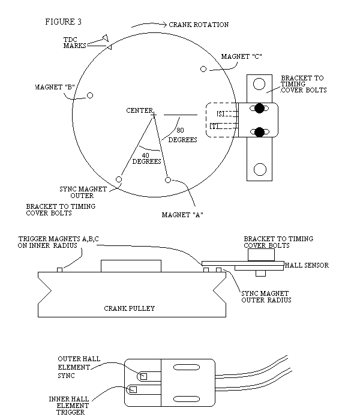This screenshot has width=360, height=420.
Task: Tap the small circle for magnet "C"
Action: [x=203, y=70]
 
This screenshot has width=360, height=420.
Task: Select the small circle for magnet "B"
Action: [x=91, y=95]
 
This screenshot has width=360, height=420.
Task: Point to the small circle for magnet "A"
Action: [x=168, y=179]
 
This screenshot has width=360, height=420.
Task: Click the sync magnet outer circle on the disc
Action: [x=119, y=179]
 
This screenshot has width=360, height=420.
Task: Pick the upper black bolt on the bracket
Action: [x=259, y=109]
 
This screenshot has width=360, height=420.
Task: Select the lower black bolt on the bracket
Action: [x=259, y=132]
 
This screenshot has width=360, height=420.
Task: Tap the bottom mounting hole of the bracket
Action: [x=259, y=169]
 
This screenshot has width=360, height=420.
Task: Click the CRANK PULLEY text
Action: [x=130, y=308]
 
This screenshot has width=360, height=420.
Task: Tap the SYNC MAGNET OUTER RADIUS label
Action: [x=266, y=296]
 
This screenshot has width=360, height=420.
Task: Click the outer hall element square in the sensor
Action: [x=143, y=376]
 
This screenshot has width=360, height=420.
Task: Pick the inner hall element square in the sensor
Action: [x=133, y=389]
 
